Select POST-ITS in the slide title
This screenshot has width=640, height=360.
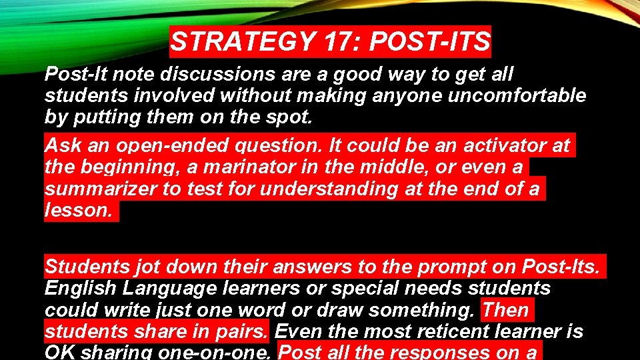(x=430, y=42)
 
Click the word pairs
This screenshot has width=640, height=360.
(x=241, y=331)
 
